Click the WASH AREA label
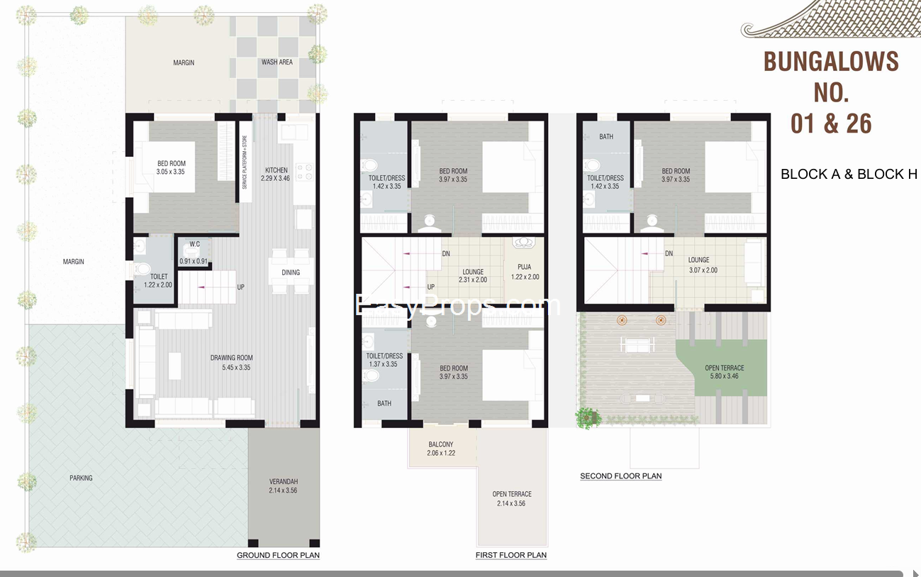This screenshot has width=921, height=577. point(277,62)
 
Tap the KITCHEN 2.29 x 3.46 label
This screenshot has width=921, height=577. point(276,174)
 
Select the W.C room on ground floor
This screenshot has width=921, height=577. point(194,252)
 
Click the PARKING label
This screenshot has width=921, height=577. point(81,478)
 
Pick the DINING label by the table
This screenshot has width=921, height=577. point(291,273)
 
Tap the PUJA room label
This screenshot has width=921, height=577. point(525,272)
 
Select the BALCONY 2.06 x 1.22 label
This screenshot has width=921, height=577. point(441,449)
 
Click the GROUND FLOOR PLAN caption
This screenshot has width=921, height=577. point(278,555)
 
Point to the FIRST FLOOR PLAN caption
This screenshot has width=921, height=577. point(511,555)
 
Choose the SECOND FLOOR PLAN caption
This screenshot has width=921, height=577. point(621,476)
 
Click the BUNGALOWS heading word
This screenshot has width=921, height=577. point(831,62)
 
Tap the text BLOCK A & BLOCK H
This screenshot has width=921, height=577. point(849,174)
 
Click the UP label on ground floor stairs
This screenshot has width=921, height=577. point(240,287)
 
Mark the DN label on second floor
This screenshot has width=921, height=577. point(669,253)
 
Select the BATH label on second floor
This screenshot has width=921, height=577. point(606,137)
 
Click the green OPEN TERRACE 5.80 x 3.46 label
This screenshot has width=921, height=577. point(725,372)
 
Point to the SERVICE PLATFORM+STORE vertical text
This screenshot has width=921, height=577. point(245,162)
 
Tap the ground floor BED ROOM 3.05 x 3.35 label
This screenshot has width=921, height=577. point(171,167)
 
